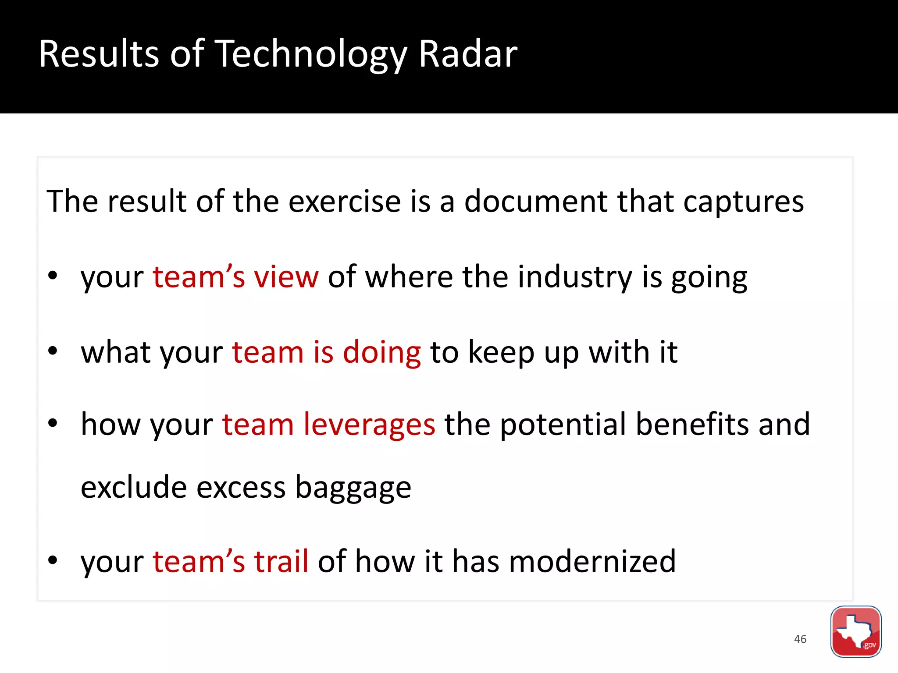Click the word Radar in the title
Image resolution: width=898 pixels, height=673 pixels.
468,54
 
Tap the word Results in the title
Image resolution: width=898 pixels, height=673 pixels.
99,54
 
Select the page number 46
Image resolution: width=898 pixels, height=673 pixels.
800,639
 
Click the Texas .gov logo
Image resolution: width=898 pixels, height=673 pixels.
855,631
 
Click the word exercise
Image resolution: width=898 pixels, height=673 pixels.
345,202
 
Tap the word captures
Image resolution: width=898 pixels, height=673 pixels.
744,202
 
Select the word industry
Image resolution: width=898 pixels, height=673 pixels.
575,278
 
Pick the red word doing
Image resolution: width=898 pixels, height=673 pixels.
381,353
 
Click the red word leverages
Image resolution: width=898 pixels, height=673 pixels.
369,425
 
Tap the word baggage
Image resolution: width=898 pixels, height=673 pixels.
353,488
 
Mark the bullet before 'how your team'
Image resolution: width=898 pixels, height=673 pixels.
53,423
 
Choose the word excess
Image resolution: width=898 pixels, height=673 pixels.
241,487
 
